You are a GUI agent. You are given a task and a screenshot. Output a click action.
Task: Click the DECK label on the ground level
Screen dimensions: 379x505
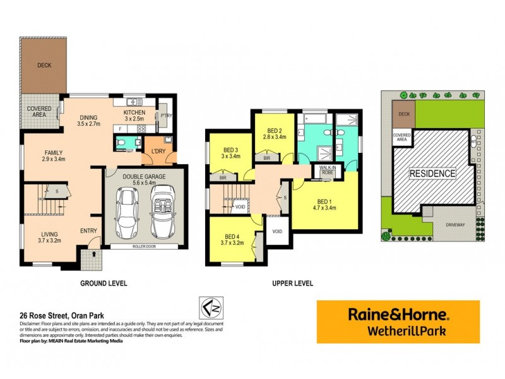tap(44, 65)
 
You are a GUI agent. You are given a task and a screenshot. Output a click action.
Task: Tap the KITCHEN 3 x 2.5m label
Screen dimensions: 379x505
tap(133, 114)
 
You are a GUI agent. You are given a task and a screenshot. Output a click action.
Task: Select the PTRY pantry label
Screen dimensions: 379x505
tap(167, 116)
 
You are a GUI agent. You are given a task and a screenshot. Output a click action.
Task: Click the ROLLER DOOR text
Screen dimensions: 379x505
tap(148, 246)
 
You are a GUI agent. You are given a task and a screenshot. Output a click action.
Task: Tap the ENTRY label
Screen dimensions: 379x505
tap(88, 232)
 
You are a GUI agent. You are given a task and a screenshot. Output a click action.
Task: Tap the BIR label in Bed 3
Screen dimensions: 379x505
tap(222, 178)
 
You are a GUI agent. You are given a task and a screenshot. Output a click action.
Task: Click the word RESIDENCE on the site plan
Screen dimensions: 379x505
tap(432, 173)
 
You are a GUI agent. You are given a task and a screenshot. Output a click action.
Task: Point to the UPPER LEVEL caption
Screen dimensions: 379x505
tap(292, 284)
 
